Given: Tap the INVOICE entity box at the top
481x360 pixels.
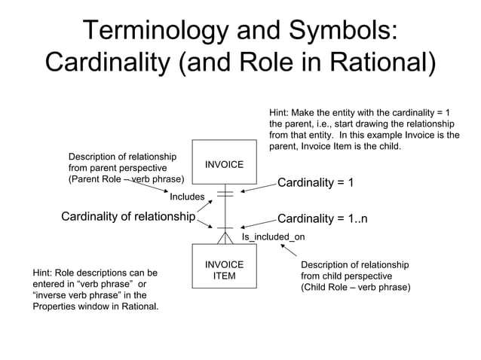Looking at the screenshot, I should (224, 164).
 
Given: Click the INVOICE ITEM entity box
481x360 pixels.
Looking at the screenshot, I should (224, 270).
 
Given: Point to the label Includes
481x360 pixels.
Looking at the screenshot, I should (187, 197).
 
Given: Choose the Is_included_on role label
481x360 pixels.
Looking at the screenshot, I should (273, 236).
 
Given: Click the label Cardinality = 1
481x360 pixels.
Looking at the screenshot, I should (316, 183).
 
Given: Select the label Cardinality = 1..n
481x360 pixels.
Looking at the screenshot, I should (323, 218).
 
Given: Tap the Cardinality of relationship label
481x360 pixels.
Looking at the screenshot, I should (127, 218).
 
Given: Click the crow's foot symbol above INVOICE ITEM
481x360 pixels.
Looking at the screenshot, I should (224, 237).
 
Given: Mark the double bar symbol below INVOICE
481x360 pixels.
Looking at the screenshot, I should (224, 194).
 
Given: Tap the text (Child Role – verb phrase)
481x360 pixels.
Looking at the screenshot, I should (355, 288).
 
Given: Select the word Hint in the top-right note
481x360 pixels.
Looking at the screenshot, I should (280, 112).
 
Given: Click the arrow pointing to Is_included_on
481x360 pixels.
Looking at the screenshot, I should (290, 252).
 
